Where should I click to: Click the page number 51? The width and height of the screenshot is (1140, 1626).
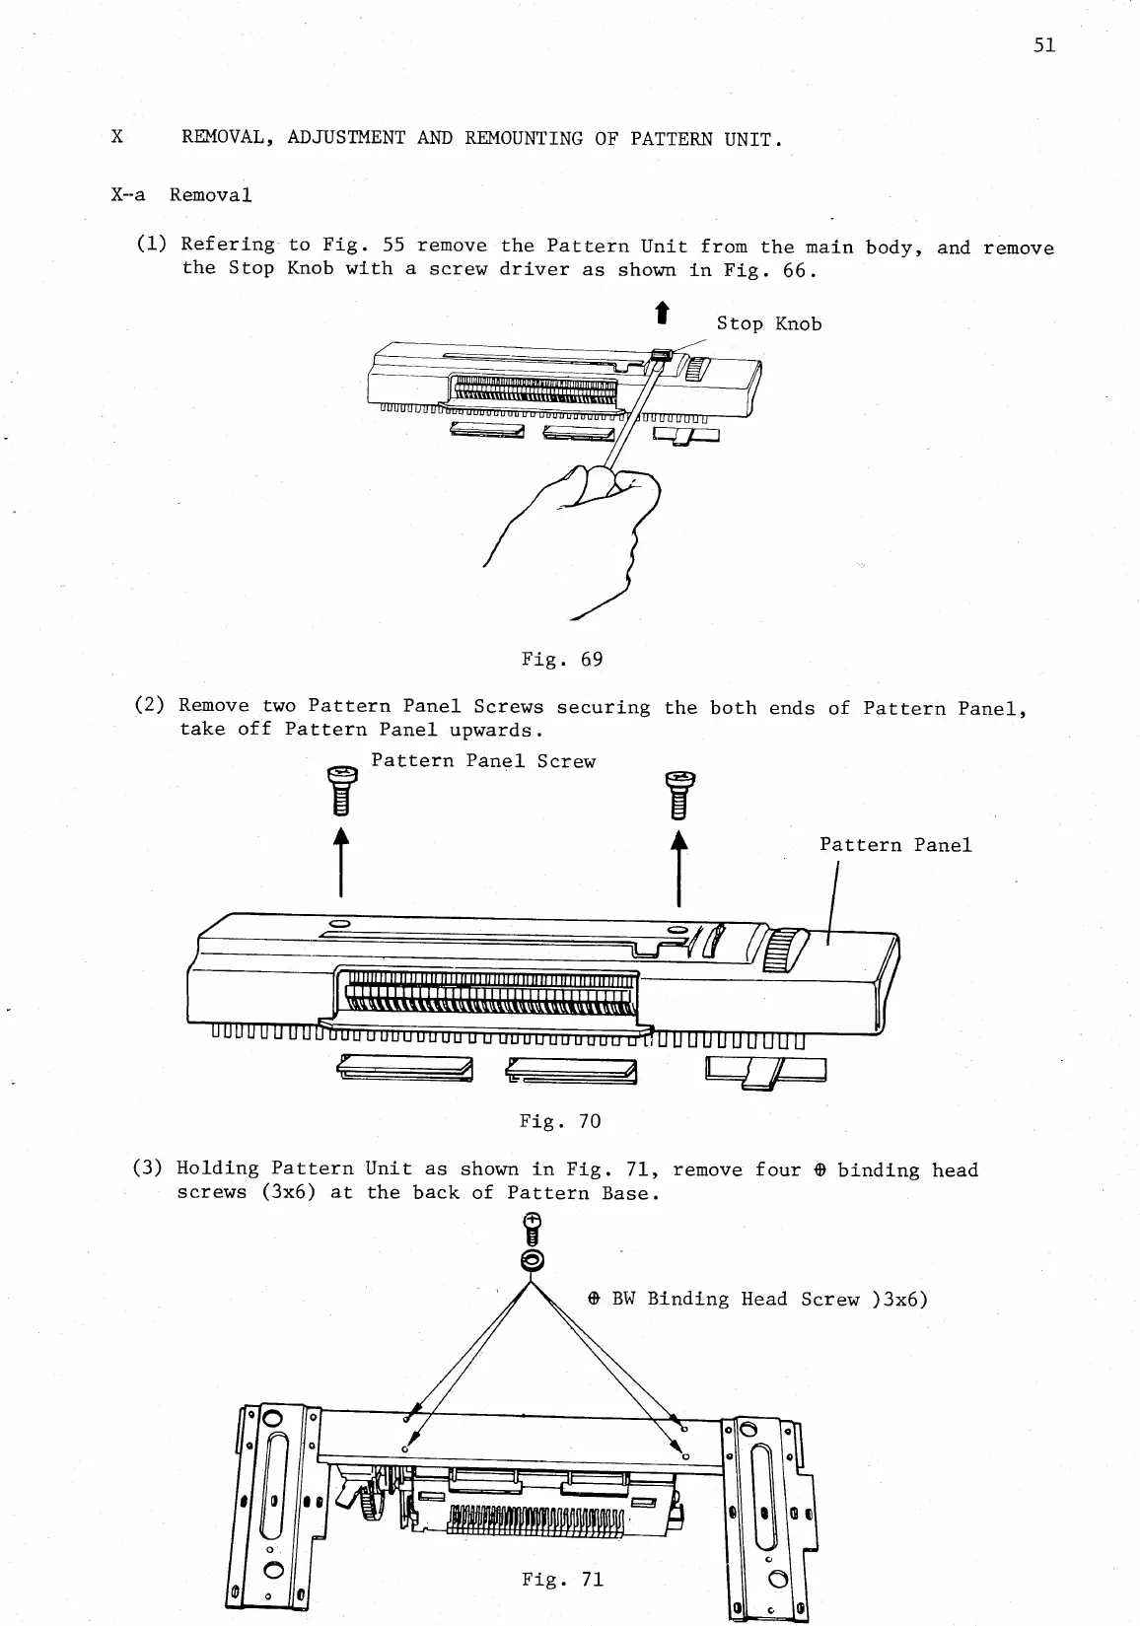(x=1045, y=45)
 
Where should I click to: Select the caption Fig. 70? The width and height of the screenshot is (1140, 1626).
(x=559, y=1121)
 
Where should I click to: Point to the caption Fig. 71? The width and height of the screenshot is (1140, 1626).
(x=562, y=1579)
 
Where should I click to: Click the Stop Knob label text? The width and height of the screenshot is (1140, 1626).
(x=768, y=324)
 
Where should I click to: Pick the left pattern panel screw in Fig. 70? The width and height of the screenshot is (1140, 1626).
(x=341, y=791)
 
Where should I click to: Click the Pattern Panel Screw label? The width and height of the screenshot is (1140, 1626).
(x=483, y=761)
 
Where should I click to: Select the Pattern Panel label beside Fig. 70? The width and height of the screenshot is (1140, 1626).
(x=895, y=845)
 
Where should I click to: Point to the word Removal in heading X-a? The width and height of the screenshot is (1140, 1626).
(x=210, y=195)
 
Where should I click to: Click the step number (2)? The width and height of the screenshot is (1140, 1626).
(x=149, y=706)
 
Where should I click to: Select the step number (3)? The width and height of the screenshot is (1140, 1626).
(x=148, y=1168)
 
